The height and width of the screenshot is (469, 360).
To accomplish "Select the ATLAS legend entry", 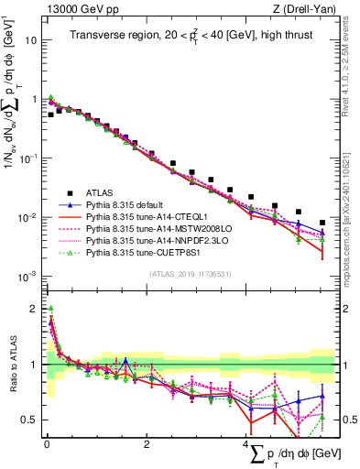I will click(100, 193).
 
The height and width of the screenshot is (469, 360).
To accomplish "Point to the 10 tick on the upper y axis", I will click(30, 40).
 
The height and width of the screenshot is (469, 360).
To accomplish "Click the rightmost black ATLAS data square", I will click(322, 223).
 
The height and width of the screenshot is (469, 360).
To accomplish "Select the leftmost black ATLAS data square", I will click(50, 115).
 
